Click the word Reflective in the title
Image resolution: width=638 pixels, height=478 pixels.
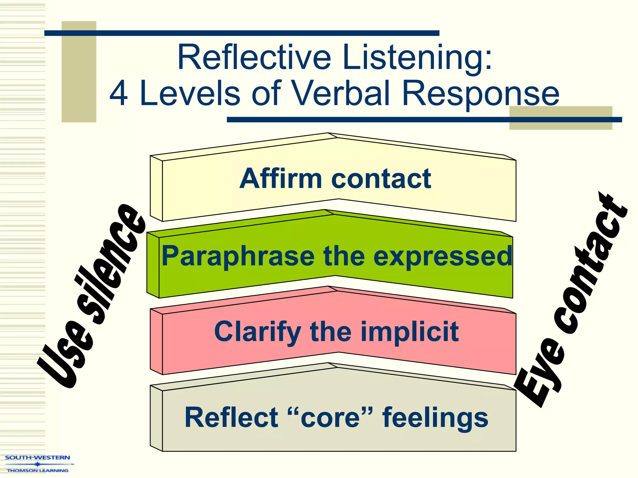pyautogui.click(x=254, y=58)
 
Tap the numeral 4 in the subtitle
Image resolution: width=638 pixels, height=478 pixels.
pyautogui.click(x=119, y=94)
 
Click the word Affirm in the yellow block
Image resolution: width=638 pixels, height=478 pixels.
pyautogui.click(x=280, y=179)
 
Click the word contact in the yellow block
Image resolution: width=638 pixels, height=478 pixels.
pyautogui.click(x=381, y=179)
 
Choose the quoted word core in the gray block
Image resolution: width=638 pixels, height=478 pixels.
pyautogui.click(x=330, y=417)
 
